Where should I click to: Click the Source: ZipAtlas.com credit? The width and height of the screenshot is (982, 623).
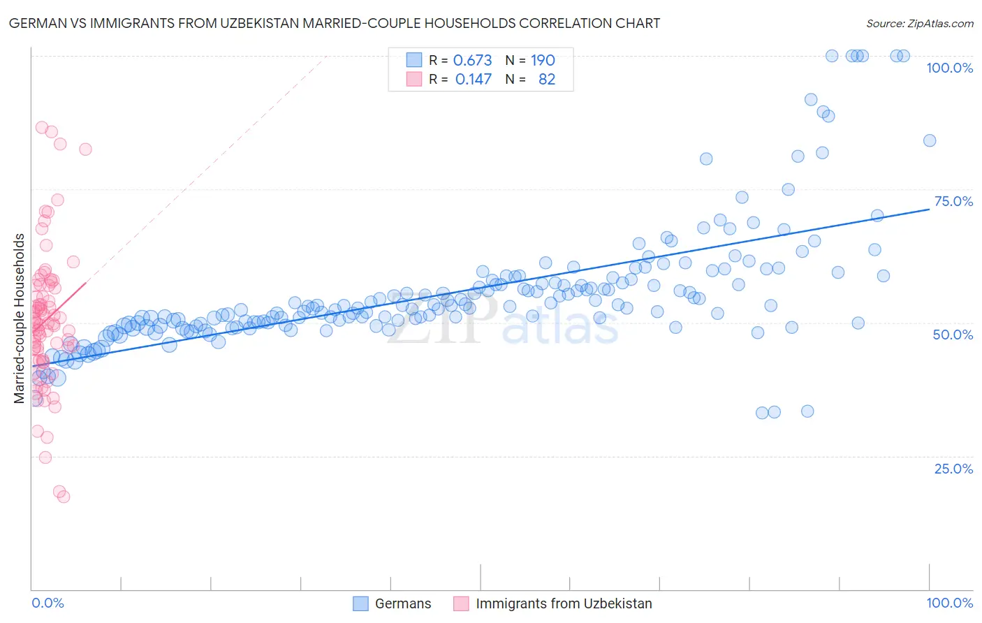tap(919, 24)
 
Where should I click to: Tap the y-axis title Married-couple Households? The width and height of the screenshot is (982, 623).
tap(20, 318)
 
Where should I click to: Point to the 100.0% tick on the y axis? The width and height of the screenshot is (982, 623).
tap(949, 68)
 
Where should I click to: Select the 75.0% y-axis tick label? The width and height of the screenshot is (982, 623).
tap(953, 201)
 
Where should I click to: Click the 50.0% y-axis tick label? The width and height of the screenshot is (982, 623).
tap(953, 335)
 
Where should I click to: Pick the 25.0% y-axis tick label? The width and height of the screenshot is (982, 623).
tap(953, 469)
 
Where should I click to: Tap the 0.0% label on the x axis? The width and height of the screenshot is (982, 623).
tap(47, 603)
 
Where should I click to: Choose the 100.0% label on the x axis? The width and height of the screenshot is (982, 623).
tap(949, 603)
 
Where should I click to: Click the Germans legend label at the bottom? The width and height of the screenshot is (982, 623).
tap(403, 603)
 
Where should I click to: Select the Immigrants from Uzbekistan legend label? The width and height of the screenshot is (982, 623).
tap(564, 603)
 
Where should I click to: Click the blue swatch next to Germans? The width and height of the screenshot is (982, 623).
tap(360, 603)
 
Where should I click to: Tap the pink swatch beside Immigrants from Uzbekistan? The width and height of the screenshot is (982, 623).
tap(462, 603)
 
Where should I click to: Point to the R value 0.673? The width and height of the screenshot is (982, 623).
tap(473, 61)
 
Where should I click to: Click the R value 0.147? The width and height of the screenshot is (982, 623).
tap(473, 80)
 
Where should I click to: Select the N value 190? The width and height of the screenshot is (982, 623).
tap(543, 61)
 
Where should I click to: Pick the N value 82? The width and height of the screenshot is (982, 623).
tap(546, 80)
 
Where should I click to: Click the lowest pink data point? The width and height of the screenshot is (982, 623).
tap(64, 497)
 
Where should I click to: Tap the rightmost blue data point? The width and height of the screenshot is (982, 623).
tap(930, 140)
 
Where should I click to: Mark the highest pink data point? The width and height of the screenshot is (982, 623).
tap(42, 128)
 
